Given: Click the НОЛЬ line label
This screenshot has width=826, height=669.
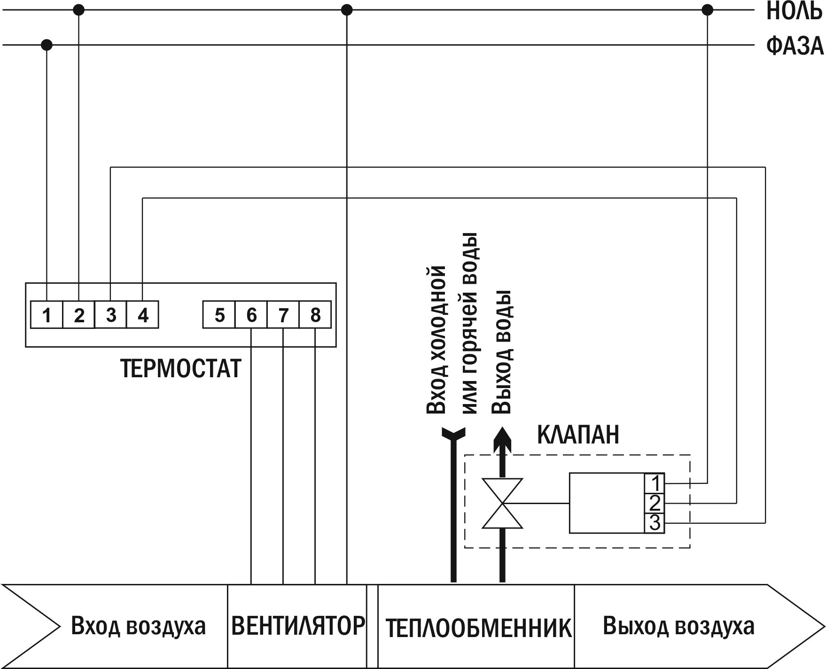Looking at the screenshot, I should point(794,12).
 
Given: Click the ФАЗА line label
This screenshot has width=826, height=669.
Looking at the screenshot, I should point(795,47).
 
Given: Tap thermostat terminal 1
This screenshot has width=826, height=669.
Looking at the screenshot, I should point(47,315).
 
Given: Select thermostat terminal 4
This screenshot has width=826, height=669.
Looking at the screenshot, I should point(143,315).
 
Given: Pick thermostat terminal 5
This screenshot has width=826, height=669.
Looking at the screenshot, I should point(219,315).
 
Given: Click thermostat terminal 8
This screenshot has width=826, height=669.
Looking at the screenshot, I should point(315,315).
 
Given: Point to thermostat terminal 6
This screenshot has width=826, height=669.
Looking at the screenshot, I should point(251,315).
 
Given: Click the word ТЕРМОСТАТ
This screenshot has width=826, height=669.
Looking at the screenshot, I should point(181,369).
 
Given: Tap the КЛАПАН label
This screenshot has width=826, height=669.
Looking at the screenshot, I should point(578,435).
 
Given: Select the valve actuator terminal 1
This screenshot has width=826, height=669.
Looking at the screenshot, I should point(655,483).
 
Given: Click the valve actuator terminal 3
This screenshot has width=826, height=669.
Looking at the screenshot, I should point(655,523).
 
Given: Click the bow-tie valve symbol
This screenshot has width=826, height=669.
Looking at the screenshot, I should point(502,504).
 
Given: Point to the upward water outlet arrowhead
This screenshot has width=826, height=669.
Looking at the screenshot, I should point(502,437).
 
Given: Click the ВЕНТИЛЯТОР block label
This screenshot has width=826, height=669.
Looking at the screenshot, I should point(298,626).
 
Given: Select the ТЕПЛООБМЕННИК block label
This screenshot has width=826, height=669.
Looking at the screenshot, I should point(478,628).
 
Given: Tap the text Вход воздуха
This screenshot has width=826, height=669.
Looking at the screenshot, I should point(138,626).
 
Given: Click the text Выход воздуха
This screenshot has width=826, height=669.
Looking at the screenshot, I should point(678,626).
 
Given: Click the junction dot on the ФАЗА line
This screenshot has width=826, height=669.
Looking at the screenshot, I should point(47,45).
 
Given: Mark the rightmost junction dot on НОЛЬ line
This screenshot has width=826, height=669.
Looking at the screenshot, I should point(707,10).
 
